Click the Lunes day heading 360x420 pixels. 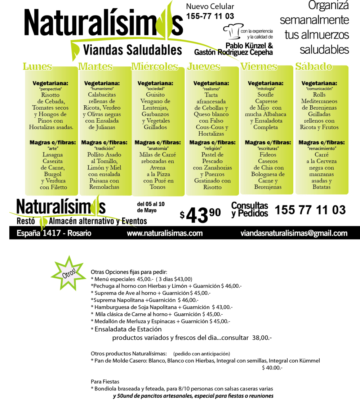click(37, 66)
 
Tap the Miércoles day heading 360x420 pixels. click(155, 66)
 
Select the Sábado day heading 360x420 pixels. click(314, 66)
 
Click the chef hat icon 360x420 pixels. click(233, 31)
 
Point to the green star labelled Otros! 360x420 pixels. click(69, 273)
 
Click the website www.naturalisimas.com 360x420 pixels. click(165, 233)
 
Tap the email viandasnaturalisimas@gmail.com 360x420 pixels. click(294, 233)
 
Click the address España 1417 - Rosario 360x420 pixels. click(54, 233)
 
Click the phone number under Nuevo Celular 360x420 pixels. click(210, 16)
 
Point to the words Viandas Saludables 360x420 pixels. click(133, 50)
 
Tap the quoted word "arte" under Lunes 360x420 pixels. click(53, 149)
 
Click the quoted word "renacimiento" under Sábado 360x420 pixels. click(321, 149)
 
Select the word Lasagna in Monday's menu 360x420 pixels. click(53, 155)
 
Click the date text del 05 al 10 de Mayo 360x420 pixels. click(151, 207)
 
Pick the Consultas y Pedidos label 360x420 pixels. click(249, 209)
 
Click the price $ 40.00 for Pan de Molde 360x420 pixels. click(272, 368)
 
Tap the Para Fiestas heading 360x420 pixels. click(105, 381)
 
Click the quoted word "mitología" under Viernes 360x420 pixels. click(266, 89)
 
